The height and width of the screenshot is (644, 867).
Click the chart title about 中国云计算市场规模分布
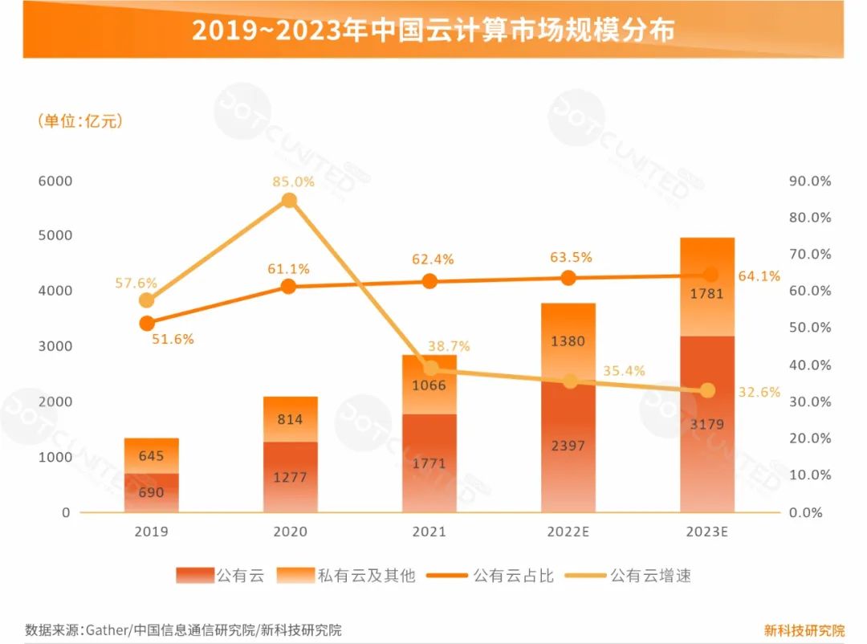coord(433,30)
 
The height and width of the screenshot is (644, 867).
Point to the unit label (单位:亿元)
coord(79,121)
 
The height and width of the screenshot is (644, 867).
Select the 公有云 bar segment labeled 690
coord(151,492)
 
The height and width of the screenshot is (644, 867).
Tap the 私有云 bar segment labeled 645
coord(151,456)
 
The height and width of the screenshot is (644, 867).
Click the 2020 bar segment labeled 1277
coord(290,477)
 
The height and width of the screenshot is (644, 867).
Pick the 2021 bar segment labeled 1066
coord(429,385)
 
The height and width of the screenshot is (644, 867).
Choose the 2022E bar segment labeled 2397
coord(568,446)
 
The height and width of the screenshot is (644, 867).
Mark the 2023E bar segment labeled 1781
coord(707,293)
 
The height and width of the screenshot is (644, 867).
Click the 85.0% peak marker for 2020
coord(290,200)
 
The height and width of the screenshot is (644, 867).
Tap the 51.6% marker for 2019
coord(147,324)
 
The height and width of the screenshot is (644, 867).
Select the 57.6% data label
coord(136,283)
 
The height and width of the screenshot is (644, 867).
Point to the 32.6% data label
coord(759,392)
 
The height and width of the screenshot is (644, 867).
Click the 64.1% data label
coord(759,276)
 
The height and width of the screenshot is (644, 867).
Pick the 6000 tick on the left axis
coord(55,181)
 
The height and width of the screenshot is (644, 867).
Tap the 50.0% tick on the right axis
coord(810,328)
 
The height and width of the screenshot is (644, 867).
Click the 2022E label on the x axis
coord(568,532)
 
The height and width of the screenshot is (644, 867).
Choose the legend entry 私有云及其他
coord(346,576)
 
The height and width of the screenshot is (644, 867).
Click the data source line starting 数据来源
coord(183,630)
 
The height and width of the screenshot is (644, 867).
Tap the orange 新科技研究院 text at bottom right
coord(804,630)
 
